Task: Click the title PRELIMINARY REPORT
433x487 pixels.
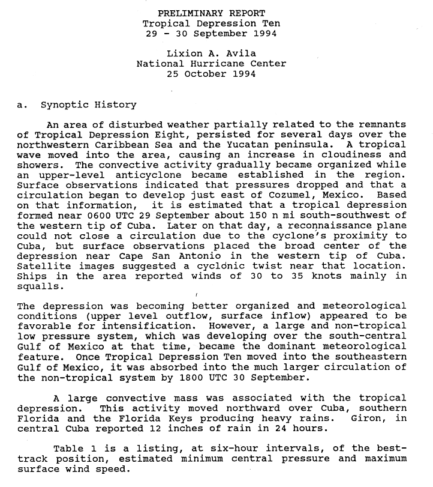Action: (211, 13)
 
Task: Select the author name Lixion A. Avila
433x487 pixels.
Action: (211, 53)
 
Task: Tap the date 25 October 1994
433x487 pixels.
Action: (211, 74)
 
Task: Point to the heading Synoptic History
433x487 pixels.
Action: (88, 104)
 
